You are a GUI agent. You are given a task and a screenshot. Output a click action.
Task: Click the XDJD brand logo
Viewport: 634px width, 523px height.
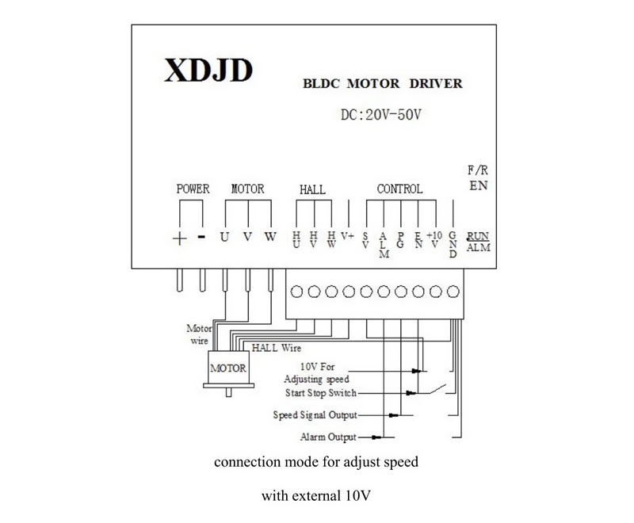(208, 71)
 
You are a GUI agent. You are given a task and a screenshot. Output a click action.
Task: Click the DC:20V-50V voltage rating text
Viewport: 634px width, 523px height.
(381, 115)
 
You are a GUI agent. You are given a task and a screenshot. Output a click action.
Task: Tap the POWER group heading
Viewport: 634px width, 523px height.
(193, 189)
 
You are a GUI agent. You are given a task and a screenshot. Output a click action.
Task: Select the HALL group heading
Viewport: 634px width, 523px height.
(312, 189)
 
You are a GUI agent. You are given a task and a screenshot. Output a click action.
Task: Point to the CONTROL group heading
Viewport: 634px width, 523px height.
(399, 189)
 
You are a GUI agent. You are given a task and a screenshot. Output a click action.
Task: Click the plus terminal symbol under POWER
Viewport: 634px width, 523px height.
(180, 239)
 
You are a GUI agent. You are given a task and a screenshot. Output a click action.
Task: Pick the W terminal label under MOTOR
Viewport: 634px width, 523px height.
(270, 236)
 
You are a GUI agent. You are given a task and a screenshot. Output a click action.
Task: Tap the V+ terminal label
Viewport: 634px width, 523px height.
(347, 235)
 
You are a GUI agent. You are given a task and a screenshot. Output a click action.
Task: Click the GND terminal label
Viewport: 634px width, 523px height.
(453, 245)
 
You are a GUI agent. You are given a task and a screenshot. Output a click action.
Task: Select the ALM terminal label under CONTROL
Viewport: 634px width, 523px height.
(384, 245)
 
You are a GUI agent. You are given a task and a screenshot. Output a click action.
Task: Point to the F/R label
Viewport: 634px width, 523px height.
(478, 170)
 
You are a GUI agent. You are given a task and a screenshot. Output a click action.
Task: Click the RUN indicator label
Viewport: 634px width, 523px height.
(478, 236)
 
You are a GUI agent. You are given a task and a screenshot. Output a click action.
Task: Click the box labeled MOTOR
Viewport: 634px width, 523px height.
(228, 368)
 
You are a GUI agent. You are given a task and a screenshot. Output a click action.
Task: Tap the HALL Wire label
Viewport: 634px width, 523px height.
(277, 348)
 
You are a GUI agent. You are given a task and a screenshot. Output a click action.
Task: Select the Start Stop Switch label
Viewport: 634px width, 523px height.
(321, 393)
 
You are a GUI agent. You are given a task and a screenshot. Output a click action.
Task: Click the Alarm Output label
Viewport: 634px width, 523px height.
(328, 437)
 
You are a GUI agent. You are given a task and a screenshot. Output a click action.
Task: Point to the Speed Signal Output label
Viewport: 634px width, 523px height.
(315, 415)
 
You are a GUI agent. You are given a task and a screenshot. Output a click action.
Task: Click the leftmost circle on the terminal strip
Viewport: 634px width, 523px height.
(296, 292)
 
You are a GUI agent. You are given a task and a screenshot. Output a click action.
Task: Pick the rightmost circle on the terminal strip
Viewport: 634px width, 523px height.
(453, 292)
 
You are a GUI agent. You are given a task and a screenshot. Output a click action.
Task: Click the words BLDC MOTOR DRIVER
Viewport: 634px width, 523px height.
(383, 84)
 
